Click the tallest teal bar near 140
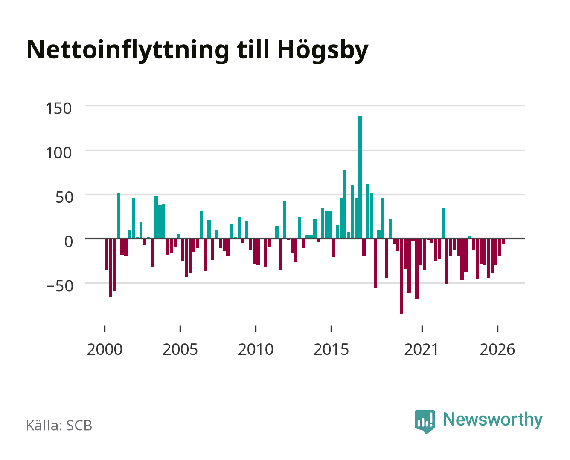(360, 177)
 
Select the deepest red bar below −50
(401, 276)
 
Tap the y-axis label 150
(58, 109)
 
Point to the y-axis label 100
(58, 153)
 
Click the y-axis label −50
(60, 286)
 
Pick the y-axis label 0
(69, 241)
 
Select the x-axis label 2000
(105, 349)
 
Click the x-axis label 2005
(180, 349)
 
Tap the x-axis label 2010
(256, 349)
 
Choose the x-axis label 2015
(332, 349)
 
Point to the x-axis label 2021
(422, 349)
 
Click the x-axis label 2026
(497, 349)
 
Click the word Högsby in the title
(323, 51)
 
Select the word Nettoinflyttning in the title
(128, 51)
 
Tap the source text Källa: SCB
(59, 425)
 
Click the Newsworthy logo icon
(425, 421)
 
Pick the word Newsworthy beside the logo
(493, 420)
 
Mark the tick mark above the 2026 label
(497, 329)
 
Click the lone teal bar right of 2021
(443, 223)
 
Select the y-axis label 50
(64, 198)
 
